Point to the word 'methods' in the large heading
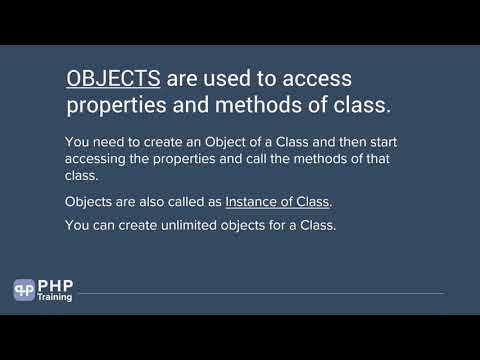[x=272, y=106]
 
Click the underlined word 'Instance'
[x=254, y=202]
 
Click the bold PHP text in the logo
[x=55, y=284]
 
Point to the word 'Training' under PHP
[x=55, y=297]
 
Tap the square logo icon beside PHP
[x=24, y=290]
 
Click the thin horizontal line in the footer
[x=260, y=293]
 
